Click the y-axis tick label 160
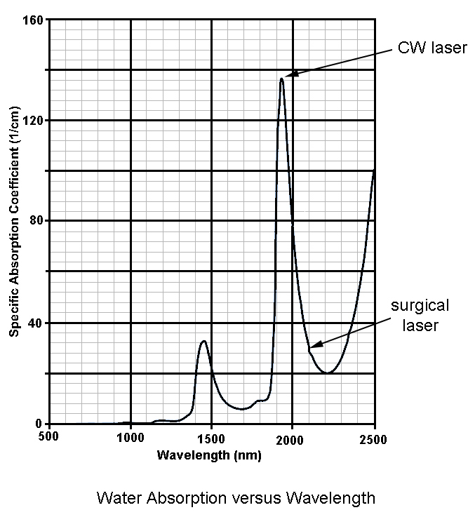coord(34,20)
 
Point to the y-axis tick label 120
coord(34,121)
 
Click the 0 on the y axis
coord(40,424)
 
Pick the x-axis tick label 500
coord(48,439)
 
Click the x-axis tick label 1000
coord(131,439)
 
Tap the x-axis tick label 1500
coord(211,439)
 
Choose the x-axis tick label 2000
coord(293,439)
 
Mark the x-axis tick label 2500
coord(373,439)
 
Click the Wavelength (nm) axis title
coord(209,455)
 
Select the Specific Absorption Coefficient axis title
coord(13,221)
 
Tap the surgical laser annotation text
coord(420,316)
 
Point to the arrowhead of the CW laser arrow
coord(288,75)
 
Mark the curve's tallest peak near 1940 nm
coord(281,79)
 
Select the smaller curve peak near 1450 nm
coord(203,342)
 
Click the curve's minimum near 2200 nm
coord(327,372)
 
